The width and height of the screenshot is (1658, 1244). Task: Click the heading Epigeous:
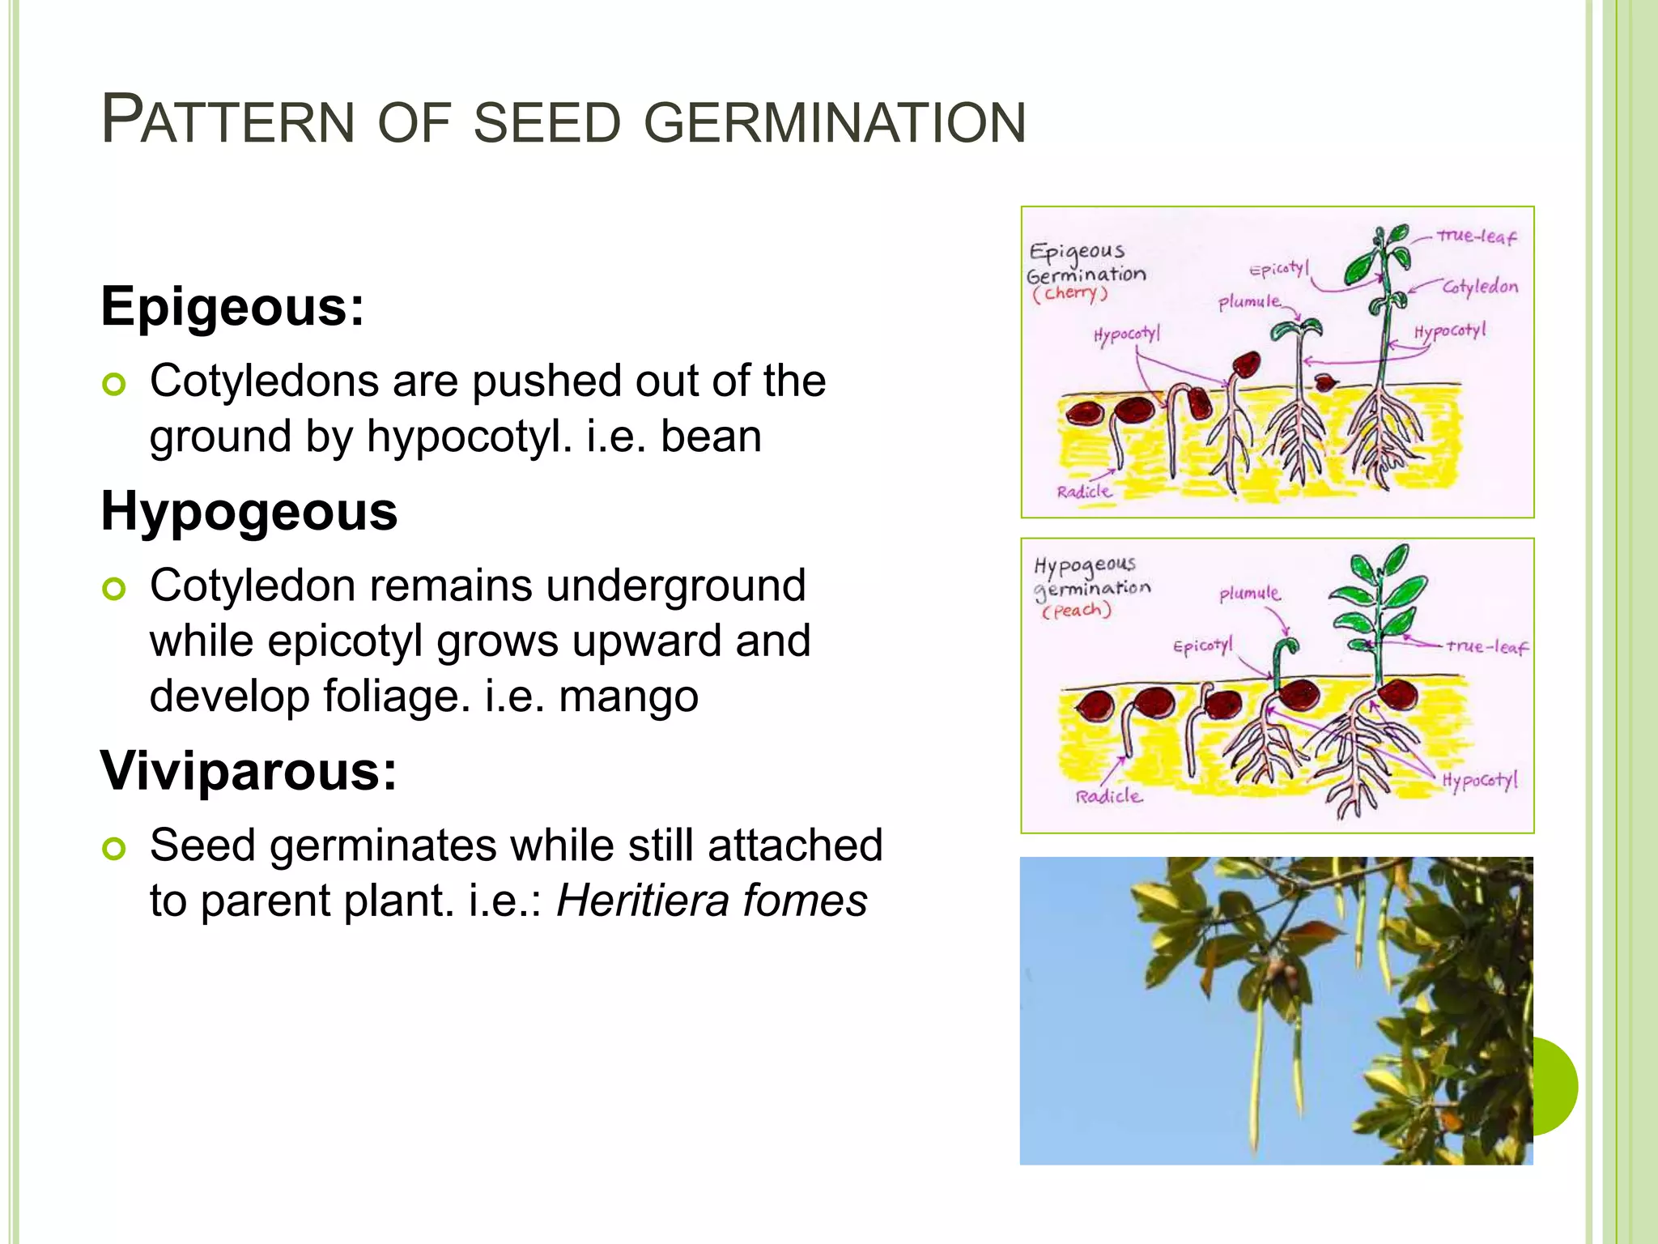point(232,307)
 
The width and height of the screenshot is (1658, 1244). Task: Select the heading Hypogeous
point(249,512)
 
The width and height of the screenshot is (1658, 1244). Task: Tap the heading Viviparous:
point(249,770)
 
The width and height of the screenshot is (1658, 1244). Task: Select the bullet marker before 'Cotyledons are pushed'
point(114,385)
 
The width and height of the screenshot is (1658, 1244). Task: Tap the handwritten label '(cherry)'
point(1069,293)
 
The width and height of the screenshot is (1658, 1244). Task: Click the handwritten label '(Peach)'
point(1077,611)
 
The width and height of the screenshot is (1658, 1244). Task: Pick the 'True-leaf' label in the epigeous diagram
point(1476,236)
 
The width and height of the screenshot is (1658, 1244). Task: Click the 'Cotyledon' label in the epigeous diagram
point(1480,287)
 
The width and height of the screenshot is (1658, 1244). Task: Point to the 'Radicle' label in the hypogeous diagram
point(1108,797)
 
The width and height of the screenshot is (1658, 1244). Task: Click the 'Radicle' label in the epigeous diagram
point(1084,492)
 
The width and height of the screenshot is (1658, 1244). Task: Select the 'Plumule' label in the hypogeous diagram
point(1250,594)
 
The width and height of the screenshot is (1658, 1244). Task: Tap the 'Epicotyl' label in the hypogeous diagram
point(1203,646)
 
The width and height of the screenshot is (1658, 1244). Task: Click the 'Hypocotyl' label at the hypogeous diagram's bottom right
point(1479,781)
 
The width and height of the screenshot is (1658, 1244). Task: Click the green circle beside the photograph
point(1556,1085)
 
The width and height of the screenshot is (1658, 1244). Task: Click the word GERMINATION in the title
point(835,123)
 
